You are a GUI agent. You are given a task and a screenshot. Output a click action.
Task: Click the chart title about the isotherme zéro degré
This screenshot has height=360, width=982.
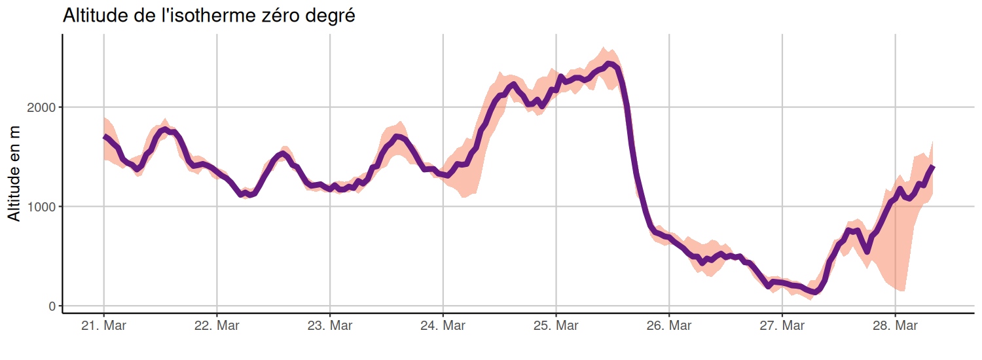coord(209,16)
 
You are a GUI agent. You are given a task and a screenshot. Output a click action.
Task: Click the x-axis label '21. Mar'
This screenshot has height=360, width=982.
coord(103,326)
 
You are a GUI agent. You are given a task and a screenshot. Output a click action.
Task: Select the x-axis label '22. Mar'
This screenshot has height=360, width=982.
coord(217,326)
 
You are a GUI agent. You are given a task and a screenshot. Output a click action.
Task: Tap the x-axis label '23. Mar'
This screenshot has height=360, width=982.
coord(330,326)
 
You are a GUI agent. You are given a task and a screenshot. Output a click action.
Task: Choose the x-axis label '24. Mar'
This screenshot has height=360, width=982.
coord(443,326)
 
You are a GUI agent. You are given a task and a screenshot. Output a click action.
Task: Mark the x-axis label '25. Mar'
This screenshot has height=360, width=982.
coord(556,326)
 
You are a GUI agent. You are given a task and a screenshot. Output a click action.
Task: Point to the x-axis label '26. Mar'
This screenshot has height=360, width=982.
coord(669,326)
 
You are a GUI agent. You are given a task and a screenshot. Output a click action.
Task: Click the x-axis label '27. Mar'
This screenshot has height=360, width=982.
coord(782,326)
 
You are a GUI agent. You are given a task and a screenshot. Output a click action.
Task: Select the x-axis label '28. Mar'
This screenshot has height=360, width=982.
coord(896,326)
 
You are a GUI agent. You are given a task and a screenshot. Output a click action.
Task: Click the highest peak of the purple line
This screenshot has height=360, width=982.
coord(609,63)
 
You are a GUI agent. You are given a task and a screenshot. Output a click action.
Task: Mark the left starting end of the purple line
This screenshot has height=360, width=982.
coord(104,136)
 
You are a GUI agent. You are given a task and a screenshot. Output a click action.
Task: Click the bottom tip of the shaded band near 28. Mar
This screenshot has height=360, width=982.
coord(904,291)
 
